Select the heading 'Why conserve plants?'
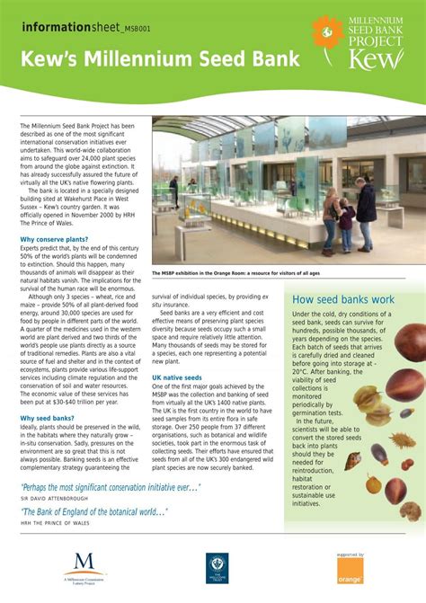coord(54,239)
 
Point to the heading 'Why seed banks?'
coord(47,418)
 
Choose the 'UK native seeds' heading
coord(177,377)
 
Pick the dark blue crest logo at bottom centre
coord(216,565)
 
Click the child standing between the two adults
coord(346,225)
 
